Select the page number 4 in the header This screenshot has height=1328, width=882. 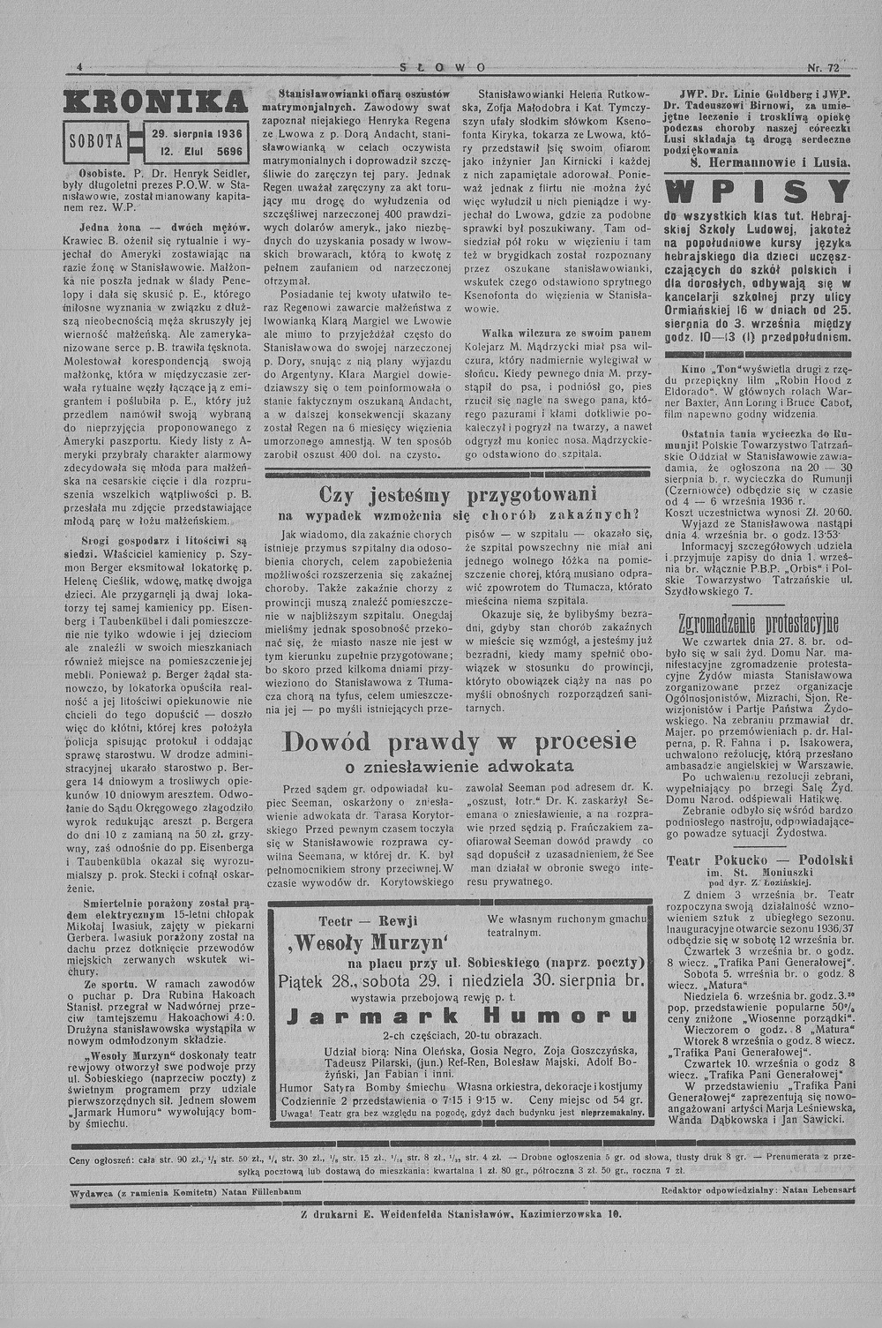[x=79, y=67]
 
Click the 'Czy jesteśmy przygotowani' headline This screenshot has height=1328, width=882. [x=458, y=494]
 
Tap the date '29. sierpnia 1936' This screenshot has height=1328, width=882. [x=197, y=133]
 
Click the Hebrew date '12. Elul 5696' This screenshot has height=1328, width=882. [x=197, y=151]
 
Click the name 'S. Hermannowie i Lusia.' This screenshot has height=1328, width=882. [x=770, y=162]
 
